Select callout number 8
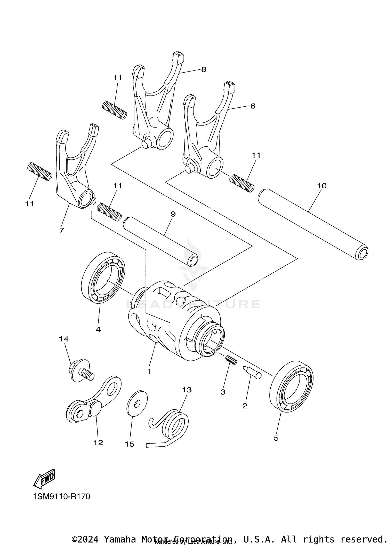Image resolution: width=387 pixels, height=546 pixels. click(204, 69)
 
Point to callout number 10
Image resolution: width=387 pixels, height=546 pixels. click(322, 186)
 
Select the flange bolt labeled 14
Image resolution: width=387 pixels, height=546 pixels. click(80, 371)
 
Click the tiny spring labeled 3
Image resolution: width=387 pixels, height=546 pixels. click(231, 360)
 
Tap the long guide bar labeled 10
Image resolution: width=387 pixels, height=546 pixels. click(312, 223)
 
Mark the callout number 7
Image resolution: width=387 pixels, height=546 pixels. click(61, 230)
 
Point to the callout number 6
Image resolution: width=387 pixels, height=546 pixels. click(253, 106)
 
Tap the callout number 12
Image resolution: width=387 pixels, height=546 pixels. click(98, 443)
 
